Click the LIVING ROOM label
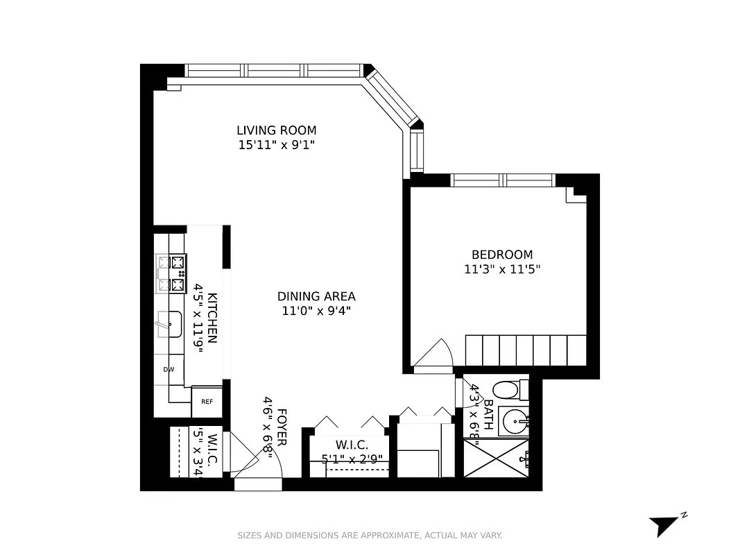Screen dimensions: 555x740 click(x=276, y=130)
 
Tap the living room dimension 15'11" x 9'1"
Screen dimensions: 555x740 click(x=276, y=145)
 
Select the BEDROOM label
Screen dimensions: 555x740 click(x=501, y=255)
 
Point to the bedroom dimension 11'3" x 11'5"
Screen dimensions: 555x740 click(x=501, y=269)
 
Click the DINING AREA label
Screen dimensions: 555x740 click(x=316, y=296)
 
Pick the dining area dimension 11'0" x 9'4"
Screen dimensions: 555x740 click(x=316, y=311)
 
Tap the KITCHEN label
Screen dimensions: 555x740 click(x=213, y=318)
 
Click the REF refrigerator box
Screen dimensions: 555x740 click(x=207, y=402)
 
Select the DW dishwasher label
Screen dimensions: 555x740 click(x=169, y=370)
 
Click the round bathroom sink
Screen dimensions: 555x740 click(x=514, y=420)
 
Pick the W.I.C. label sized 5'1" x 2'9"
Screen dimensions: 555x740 click(x=352, y=445)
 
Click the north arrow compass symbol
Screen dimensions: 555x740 click(x=664, y=524)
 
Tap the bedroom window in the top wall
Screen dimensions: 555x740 click(x=503, y=180)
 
